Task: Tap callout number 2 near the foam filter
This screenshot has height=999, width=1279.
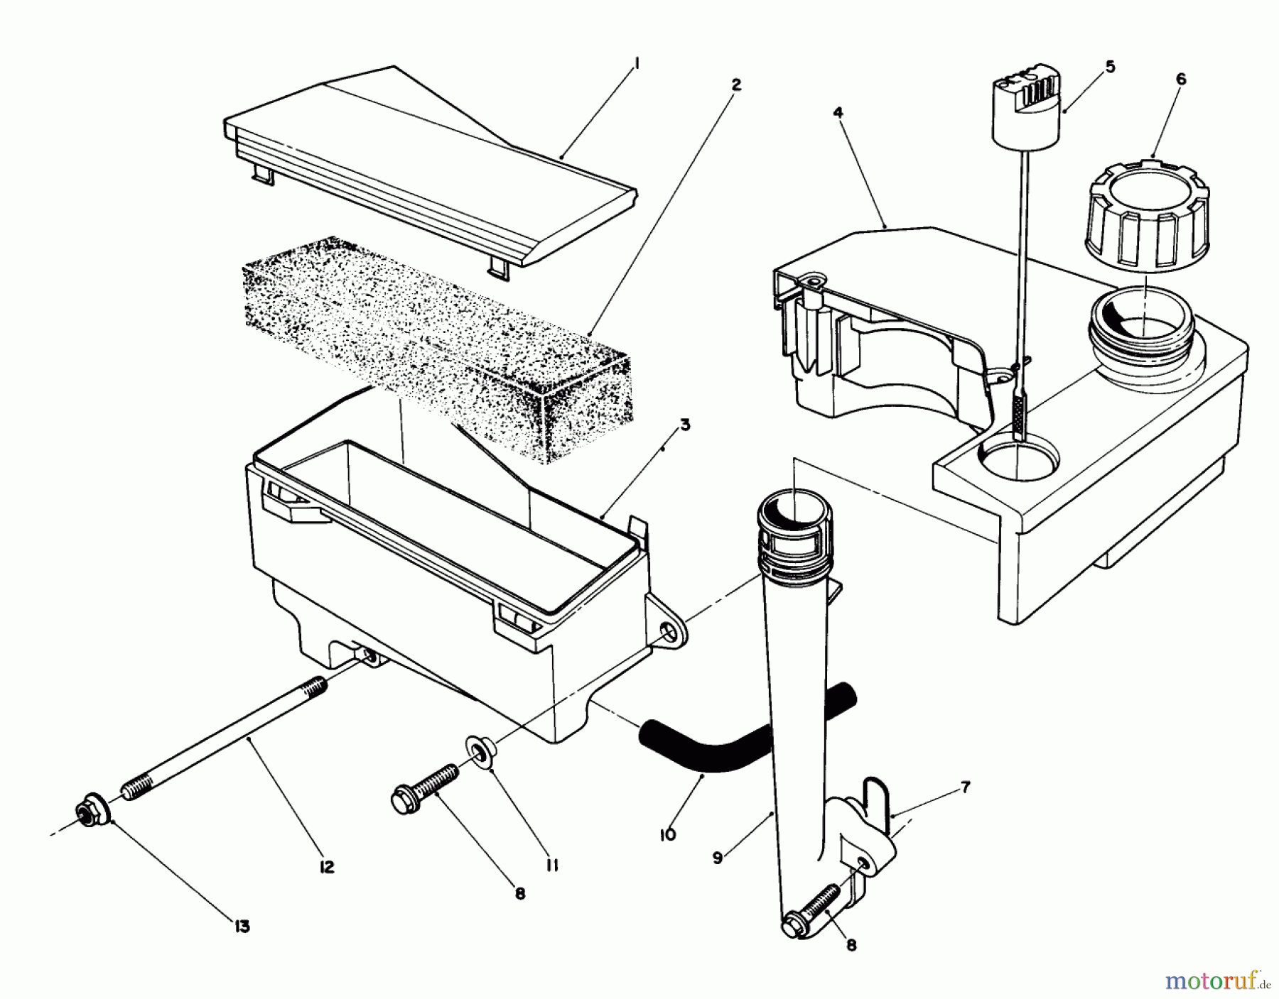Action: [736, 85]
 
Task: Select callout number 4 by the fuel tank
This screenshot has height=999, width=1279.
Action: [838, 113]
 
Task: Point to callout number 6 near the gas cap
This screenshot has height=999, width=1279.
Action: [1180, 80]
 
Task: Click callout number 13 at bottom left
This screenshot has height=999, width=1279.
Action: [242, 927]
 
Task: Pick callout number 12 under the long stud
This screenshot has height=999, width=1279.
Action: [326, 868]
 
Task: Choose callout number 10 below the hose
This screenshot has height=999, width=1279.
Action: [667, 835]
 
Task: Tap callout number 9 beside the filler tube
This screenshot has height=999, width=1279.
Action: [718, 858]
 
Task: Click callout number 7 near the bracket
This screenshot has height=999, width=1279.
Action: [964, 787]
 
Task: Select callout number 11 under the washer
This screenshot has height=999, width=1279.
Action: [553, 866]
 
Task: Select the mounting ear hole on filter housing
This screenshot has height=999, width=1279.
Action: [669, 630]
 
